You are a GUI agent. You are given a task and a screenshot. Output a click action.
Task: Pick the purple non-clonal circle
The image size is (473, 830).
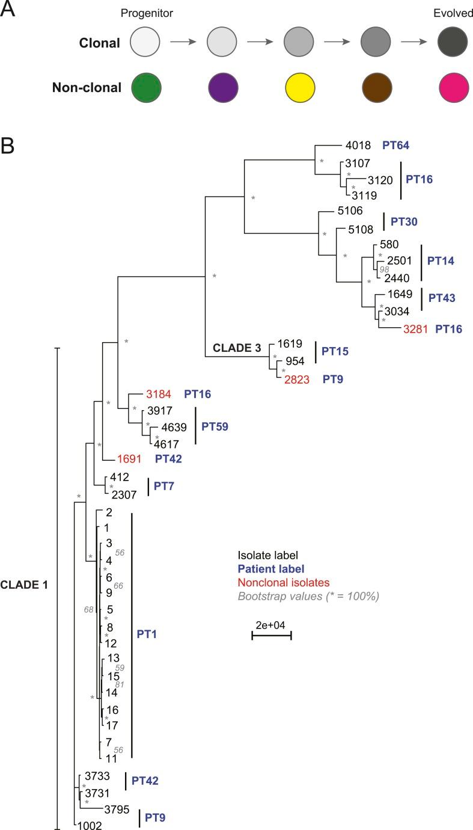[x=222, y=88]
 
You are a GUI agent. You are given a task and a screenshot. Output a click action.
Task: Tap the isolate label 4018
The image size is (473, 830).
[x=358, y=146]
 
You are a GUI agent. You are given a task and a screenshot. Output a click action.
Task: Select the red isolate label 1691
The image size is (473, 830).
[x=129, y=459]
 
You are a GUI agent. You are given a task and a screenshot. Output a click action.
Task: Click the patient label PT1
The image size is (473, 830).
[x=148, y=634]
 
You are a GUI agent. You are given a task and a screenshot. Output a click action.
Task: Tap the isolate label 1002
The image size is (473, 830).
[x=89, y=825]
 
